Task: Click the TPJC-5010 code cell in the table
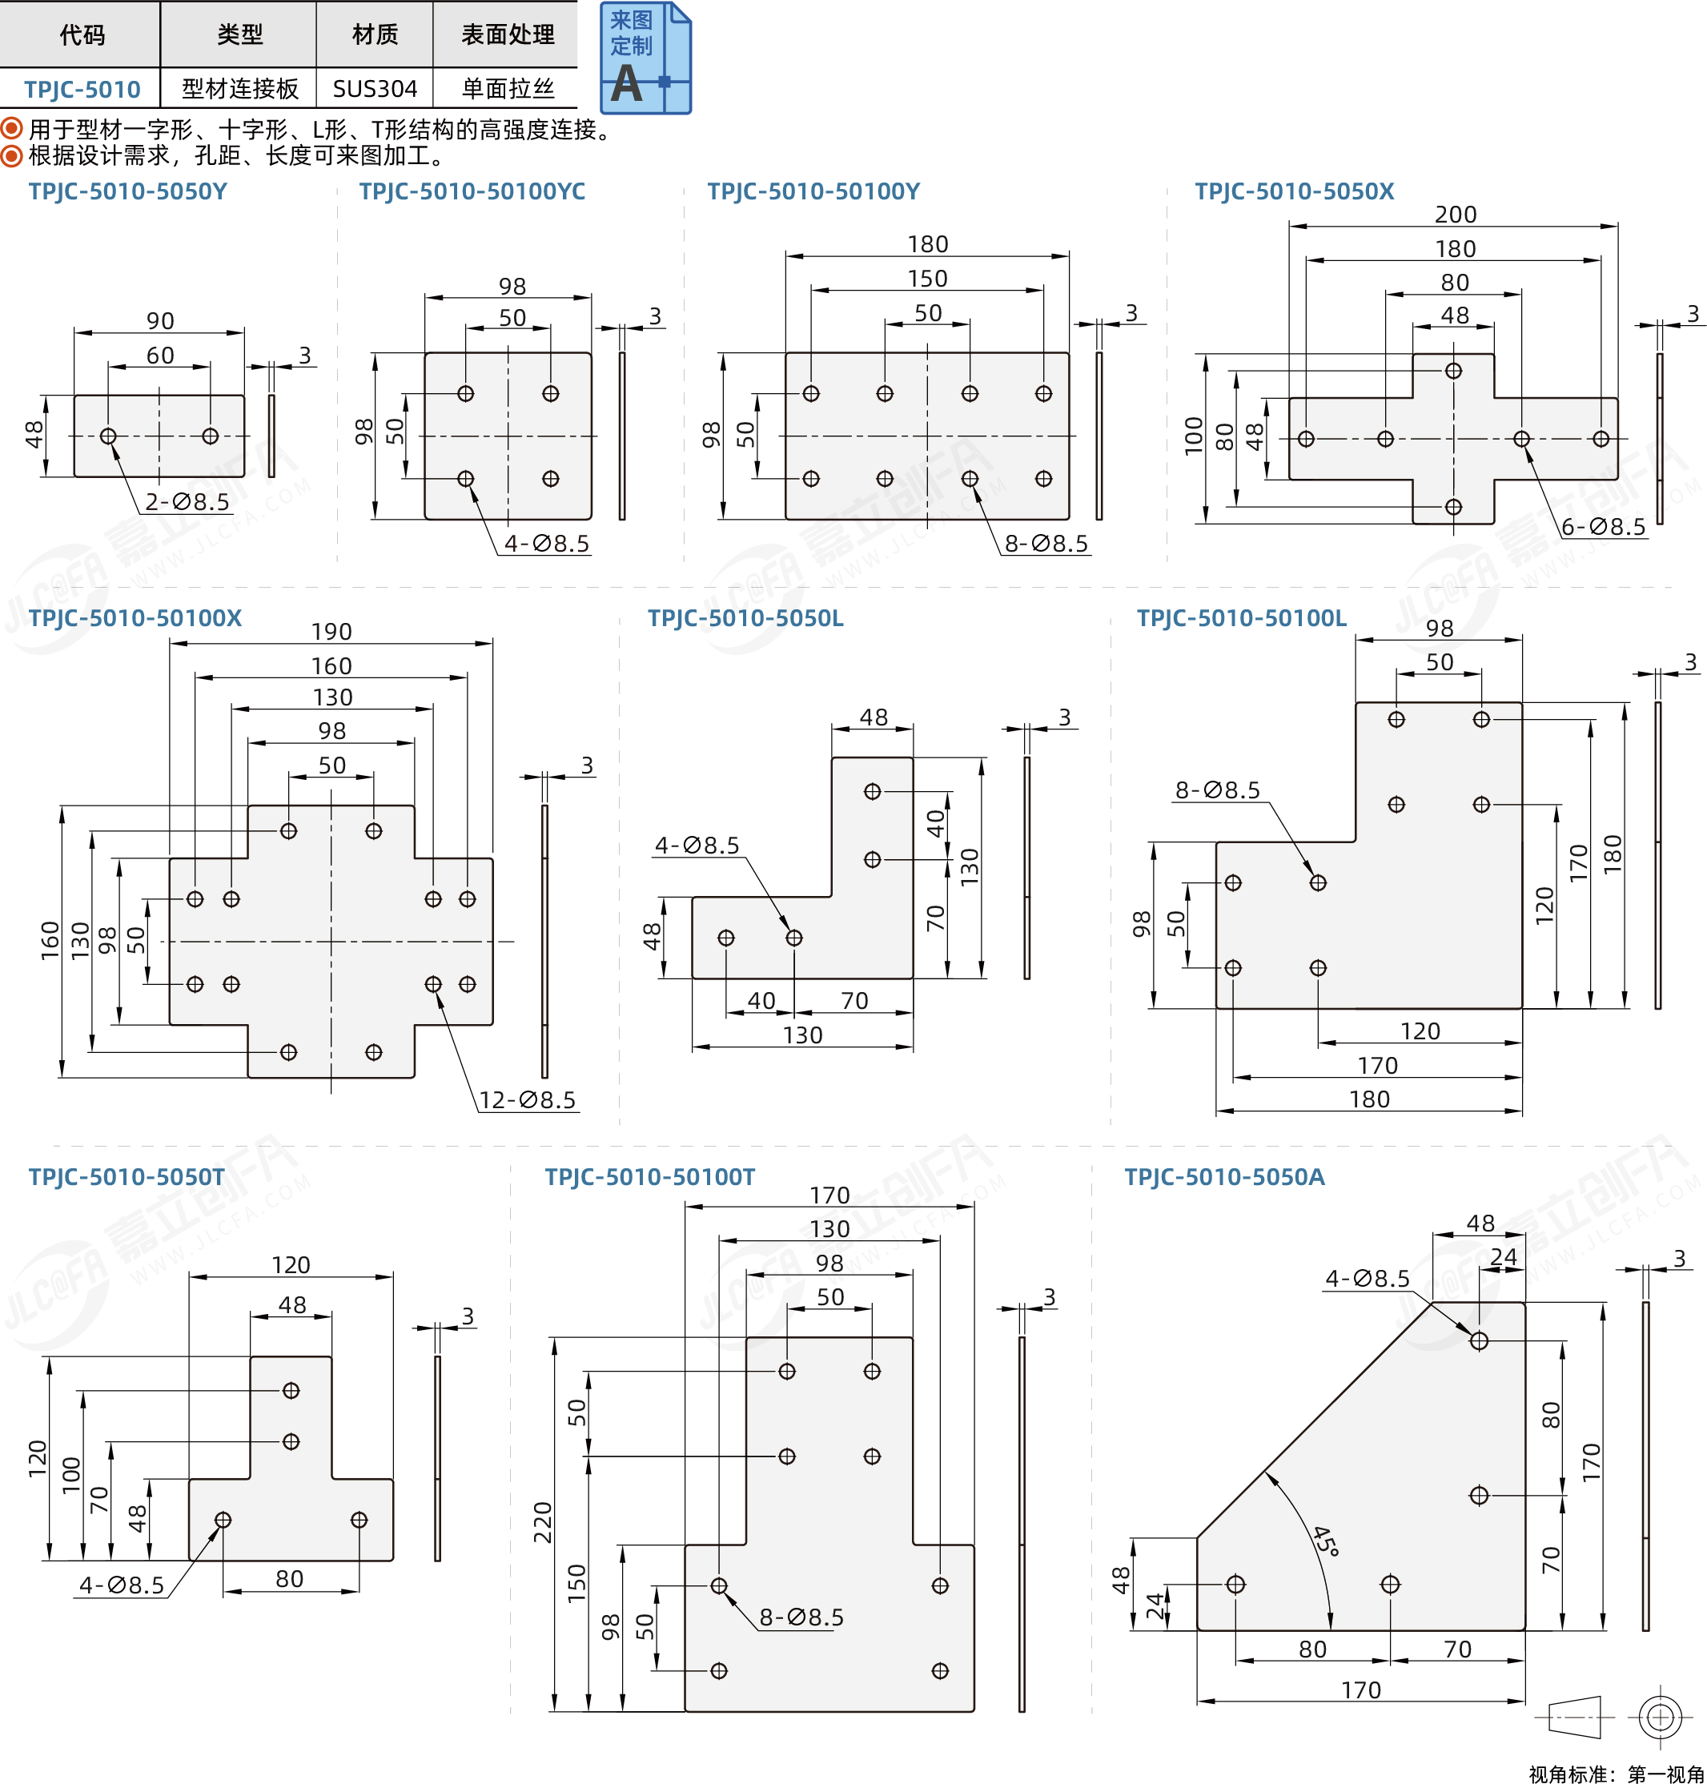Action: tap(82, 89)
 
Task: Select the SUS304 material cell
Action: tap(374, 89)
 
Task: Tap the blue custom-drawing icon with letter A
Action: tap(645, 58)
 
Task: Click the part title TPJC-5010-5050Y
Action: tap(127, 191)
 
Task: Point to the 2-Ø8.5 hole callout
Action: tap(187, 501)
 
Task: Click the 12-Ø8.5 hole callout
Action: tap(528, 1100)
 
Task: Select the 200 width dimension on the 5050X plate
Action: tap(1455, 215)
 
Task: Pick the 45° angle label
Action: tap(1325, 1541)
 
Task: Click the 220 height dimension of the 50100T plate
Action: tap(543, 1521)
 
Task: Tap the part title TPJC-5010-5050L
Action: tap(745, 618)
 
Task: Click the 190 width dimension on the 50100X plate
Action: tap(331, 632)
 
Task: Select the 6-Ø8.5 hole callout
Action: tap(1603, 527)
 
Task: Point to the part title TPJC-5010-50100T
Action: tap(649, 1176)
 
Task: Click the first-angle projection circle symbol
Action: tap(1660, 1717)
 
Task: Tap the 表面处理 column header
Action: tap(507, 34)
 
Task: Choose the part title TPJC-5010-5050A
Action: tap(1224, 1176)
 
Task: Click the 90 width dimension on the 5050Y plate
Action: tap(160, 321)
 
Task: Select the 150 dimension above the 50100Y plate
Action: tap(927, 279)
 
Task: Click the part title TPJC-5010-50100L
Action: tap(1241, 618)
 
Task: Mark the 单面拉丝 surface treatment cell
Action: tap(507, 89)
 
